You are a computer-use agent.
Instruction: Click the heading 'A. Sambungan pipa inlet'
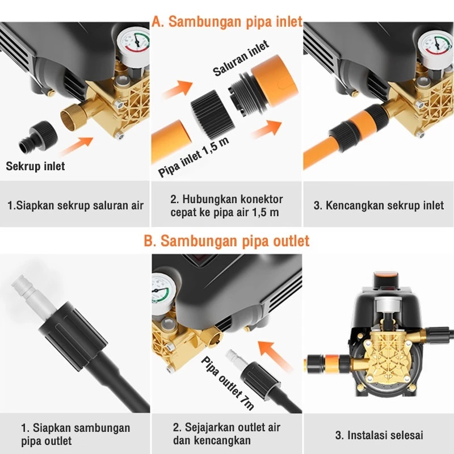(x=227, y=22)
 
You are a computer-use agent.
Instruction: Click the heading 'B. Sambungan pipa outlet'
(x=226, y=241)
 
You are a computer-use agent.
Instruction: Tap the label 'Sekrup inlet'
(x=35, y=166)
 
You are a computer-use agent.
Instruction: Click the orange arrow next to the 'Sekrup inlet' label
(x=77, y=146)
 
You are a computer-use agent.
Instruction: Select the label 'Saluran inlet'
(x=241, y=58)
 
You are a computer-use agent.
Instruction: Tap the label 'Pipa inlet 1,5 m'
(x=194, y=157)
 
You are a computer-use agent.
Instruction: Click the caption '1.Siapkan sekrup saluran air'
(x=75, y=205)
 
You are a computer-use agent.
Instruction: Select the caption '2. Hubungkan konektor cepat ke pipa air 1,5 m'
(x=226, y=206)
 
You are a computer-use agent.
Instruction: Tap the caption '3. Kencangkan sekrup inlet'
(x=379, y=205)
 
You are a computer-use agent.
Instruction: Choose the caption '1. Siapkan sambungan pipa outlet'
(x=75, y=434)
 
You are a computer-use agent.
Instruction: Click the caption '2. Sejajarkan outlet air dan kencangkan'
(x=226, y=434)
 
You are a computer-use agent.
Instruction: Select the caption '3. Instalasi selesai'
(x=379, y=435)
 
